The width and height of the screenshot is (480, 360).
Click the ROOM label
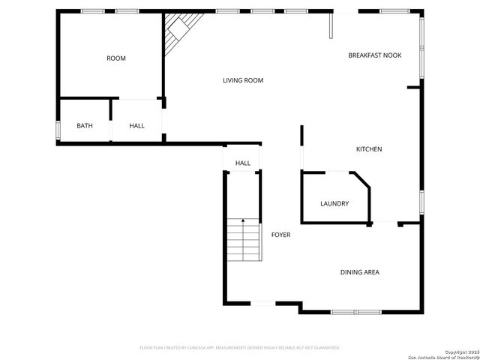pos(116,58)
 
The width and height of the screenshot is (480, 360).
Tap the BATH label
pos(85,125)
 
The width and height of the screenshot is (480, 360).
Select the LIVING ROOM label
pos(243,80)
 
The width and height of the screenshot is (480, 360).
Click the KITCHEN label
pos(369,149)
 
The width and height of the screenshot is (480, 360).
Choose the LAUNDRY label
pos(334,203)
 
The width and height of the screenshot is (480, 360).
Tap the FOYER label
pos(280,235)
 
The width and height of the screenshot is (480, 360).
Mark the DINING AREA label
pos(360,272)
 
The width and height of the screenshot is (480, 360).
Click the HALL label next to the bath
pos(136,125)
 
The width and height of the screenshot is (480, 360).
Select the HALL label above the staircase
pos(243,163)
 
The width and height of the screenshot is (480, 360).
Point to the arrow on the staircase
pos(243,221)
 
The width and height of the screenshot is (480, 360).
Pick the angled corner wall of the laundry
pos(361,182)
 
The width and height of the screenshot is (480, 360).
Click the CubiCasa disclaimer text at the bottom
pos(240,347)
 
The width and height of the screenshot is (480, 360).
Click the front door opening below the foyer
pos(262,303)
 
